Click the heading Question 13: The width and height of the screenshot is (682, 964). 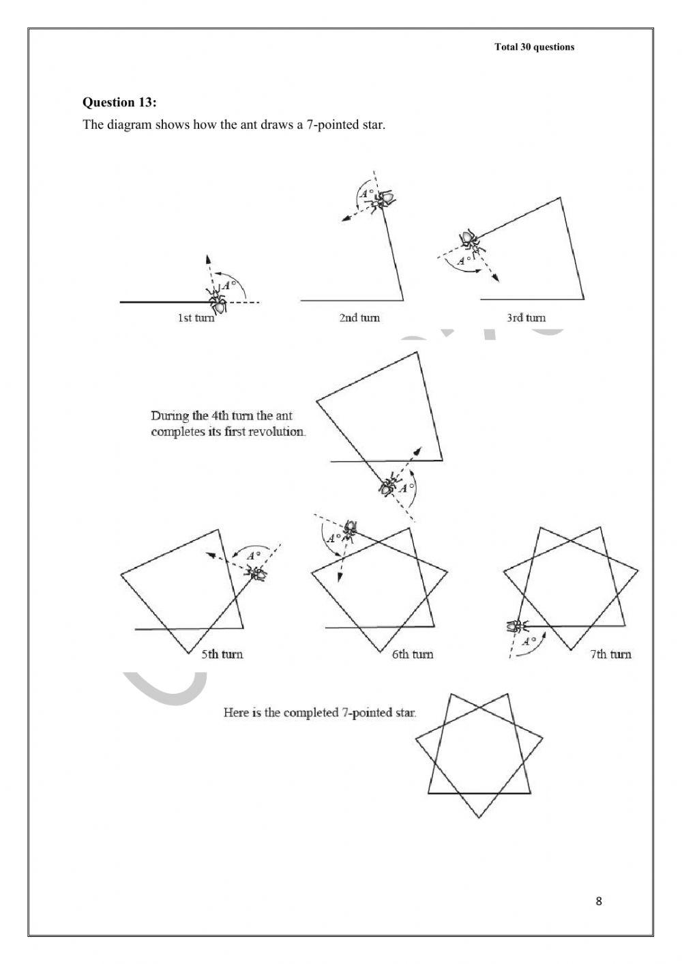click(119, 102)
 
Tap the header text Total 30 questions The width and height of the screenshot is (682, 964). click(534, 47)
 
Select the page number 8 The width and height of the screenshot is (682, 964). click(599, 901)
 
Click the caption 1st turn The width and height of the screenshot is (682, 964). click(196, 318)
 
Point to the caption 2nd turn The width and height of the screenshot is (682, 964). click(359, 318)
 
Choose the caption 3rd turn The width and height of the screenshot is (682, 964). click(526, 318)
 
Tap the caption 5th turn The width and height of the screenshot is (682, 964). click(222, 654)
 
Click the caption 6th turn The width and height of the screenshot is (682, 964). click(412, 654)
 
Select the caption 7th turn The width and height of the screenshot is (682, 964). click(610, 654)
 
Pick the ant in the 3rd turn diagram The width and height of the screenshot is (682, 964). click(469, 240)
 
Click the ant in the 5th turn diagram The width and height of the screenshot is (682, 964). click(258, 574)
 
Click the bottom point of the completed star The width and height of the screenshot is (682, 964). click(479, 817)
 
